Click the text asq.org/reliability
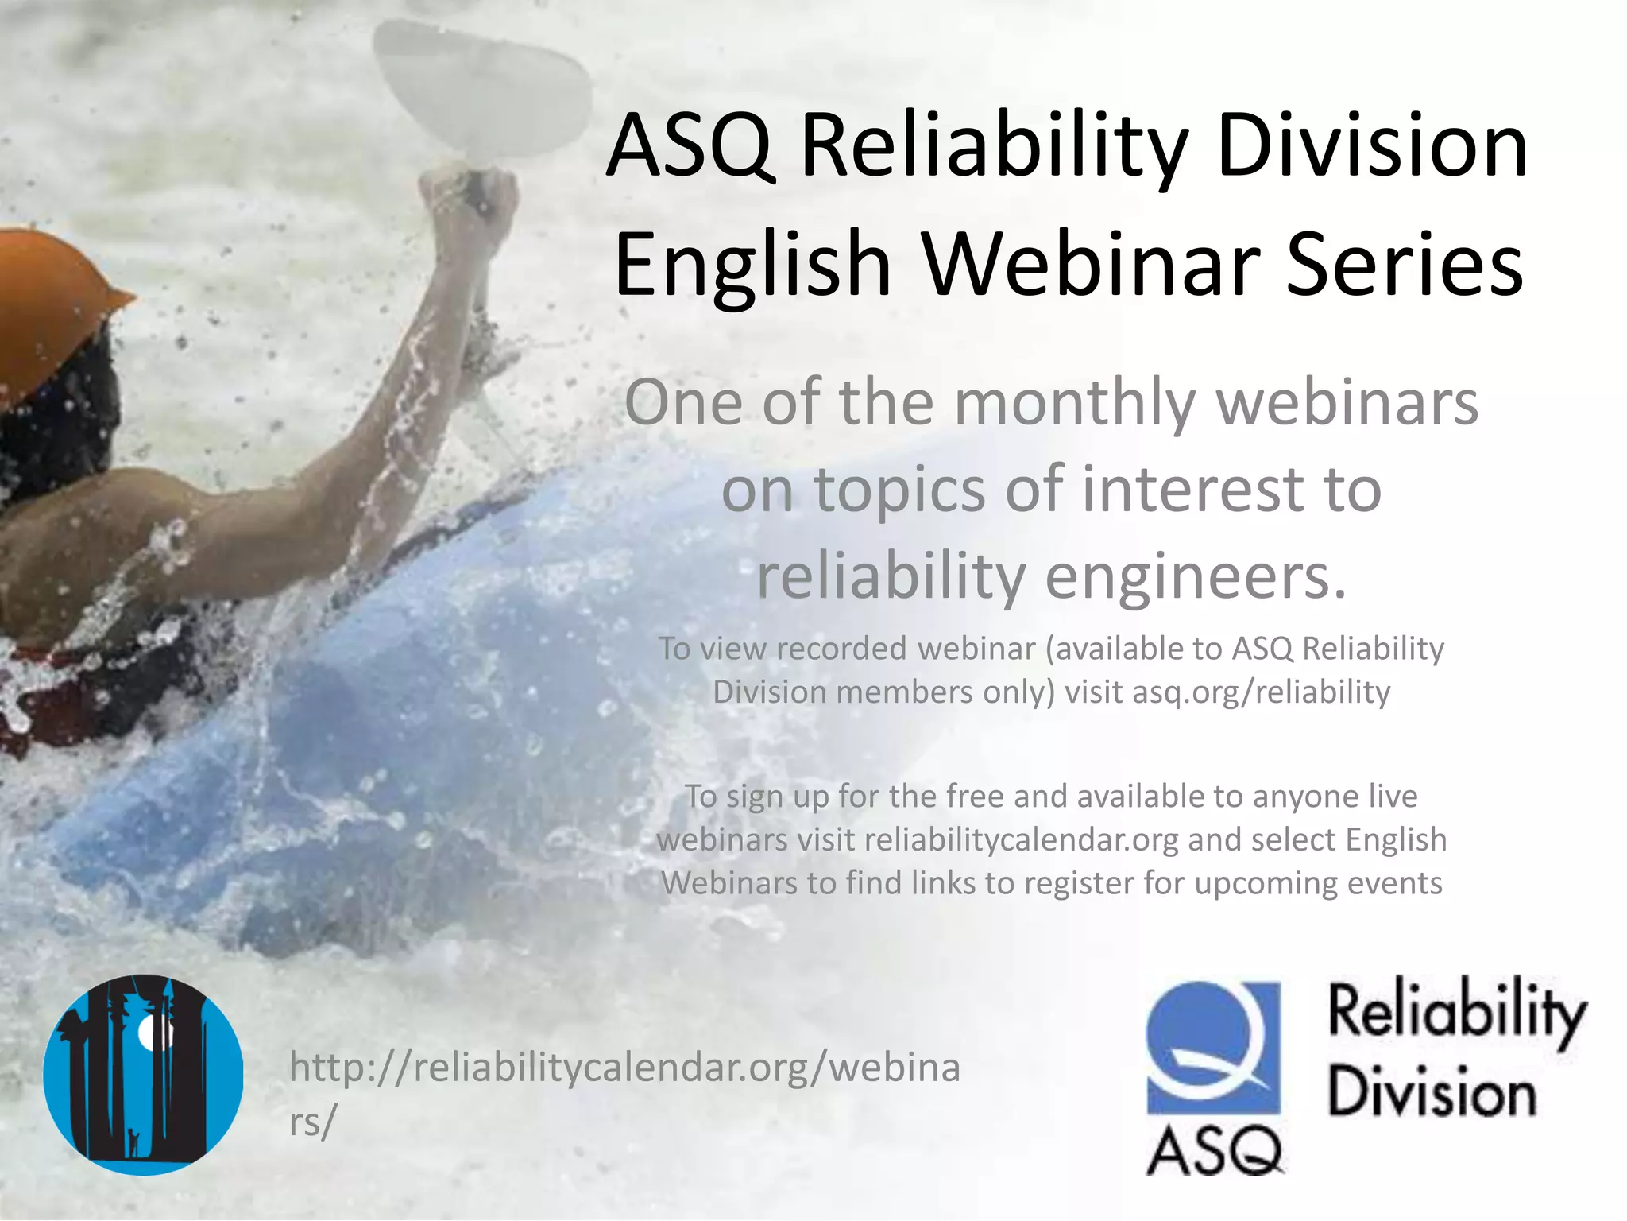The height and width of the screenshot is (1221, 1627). pyautogui.click(x=1261, y=692)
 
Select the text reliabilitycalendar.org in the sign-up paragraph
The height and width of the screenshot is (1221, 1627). pyautogui.click(x=1022, y=840)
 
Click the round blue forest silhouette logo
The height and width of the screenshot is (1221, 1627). pyautogui.click(x=144, y=1075)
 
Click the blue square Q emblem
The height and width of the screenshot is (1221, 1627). pyautogui.click(x=1213, y=1047)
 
